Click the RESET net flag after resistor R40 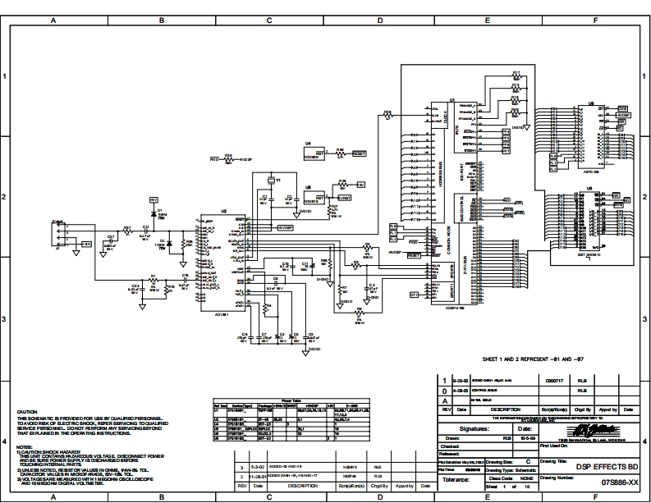(360, 153)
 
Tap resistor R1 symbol (153, 281)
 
